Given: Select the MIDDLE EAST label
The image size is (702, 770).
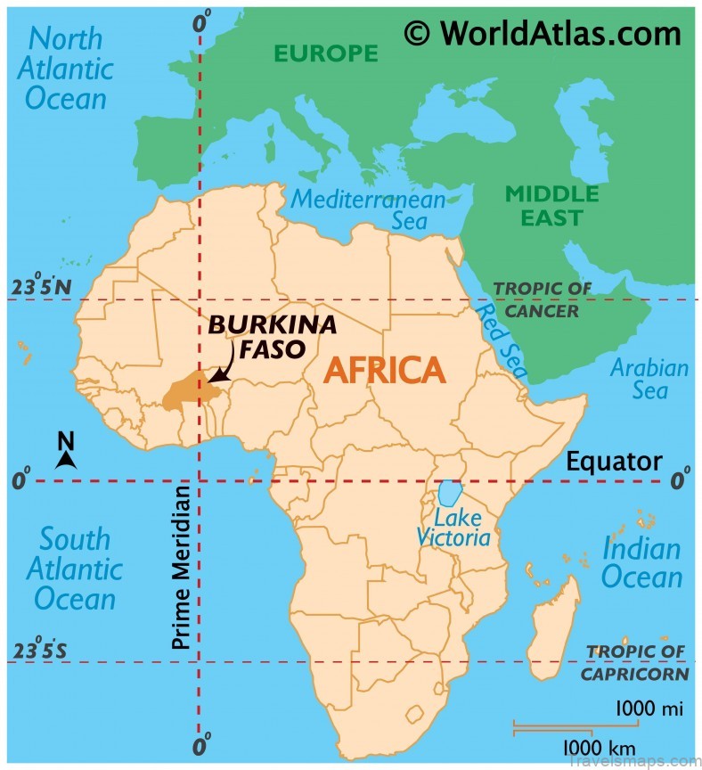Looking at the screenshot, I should coord(552,205).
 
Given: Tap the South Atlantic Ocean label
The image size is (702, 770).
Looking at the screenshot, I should coord(75,569).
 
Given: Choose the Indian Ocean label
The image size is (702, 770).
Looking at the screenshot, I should coord(641,563).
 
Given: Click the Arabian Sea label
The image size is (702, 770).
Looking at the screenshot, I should coord(649,379).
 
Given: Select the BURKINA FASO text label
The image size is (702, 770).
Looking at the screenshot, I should coord(273,336).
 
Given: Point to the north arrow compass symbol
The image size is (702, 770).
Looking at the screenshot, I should coord(66,452).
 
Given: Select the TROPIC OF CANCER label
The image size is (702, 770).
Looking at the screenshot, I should coord(543,299).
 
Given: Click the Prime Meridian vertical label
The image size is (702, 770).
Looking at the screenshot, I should coord(181,567).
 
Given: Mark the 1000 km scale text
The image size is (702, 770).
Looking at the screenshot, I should coord(598,745).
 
